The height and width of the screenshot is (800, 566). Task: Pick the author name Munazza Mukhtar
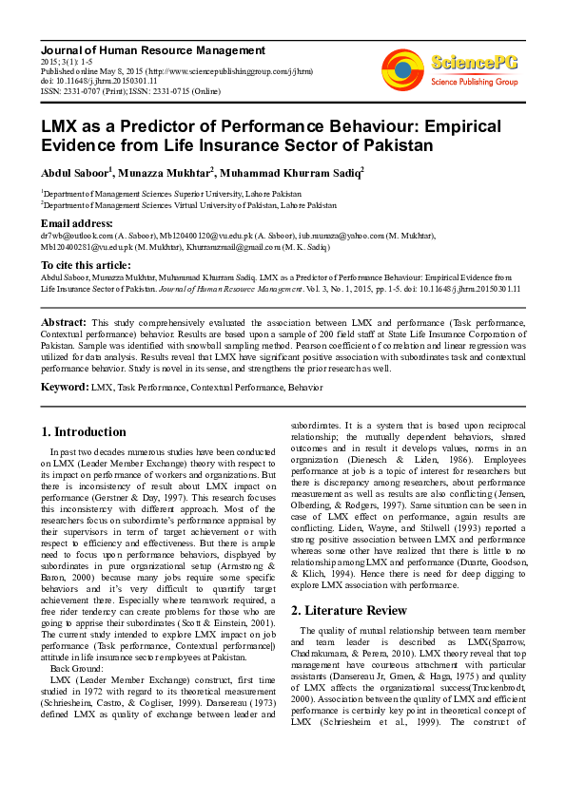168,173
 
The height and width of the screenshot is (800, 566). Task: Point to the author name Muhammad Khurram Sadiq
278,173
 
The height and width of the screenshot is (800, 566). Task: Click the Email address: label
77,223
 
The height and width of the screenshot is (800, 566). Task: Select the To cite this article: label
87,264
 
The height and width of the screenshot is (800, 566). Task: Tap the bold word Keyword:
64,388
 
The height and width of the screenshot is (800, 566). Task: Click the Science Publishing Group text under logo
474,83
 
